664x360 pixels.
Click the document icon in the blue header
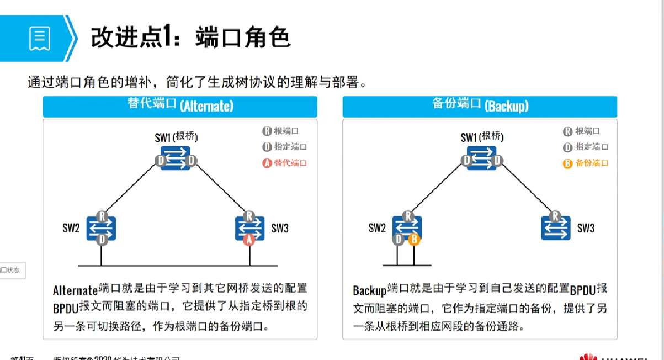[39, 38]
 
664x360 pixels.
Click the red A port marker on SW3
[249, 239]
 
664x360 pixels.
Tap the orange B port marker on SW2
[413, 240]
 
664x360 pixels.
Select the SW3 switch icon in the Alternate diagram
[249, 227]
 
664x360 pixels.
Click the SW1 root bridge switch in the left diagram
[176, 158]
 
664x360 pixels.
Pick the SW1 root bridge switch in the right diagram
[481, 158]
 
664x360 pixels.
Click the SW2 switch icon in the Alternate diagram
[101, 227]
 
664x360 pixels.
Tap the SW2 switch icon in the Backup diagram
[407, 227]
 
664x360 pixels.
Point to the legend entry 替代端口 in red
[284, 163]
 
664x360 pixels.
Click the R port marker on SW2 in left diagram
[101, 216]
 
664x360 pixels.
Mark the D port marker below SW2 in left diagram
[102, 240]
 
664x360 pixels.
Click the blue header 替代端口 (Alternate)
[180, 106]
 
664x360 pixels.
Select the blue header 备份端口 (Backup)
[480, 106]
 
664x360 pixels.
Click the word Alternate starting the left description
[75, 290]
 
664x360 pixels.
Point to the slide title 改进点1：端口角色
[190, 38]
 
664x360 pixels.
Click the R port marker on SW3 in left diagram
[249, 216]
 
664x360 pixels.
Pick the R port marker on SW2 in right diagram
[407, 216]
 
